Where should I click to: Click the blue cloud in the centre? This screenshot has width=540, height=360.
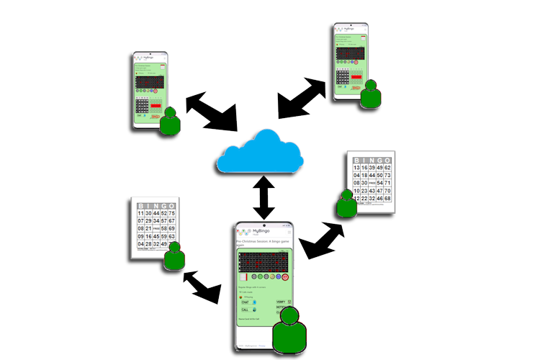[x=261, y=153]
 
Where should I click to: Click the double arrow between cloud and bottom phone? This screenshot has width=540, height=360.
[x=264, y=197]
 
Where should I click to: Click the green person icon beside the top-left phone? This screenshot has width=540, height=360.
[x=170, y=120]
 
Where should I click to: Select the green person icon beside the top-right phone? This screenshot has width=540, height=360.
[x=372, y=94]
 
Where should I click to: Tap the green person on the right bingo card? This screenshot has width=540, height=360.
[x=348, y=203]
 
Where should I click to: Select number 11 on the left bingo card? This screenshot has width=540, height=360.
[x=141, y=213]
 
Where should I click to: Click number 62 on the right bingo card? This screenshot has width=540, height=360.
[x=387, y=168]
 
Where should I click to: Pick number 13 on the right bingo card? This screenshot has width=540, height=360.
[x=356, y=168]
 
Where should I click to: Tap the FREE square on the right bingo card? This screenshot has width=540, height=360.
[x=372, y=184]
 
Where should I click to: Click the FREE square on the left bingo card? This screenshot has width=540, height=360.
[x=156, y=228]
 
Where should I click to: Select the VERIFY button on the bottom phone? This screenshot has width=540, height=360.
[x=281, y=302]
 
